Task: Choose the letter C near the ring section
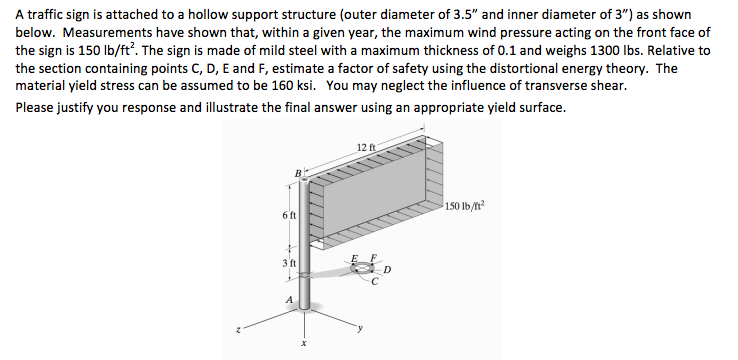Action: (x=373, y=283)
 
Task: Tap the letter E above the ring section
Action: (x=352, y=259)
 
